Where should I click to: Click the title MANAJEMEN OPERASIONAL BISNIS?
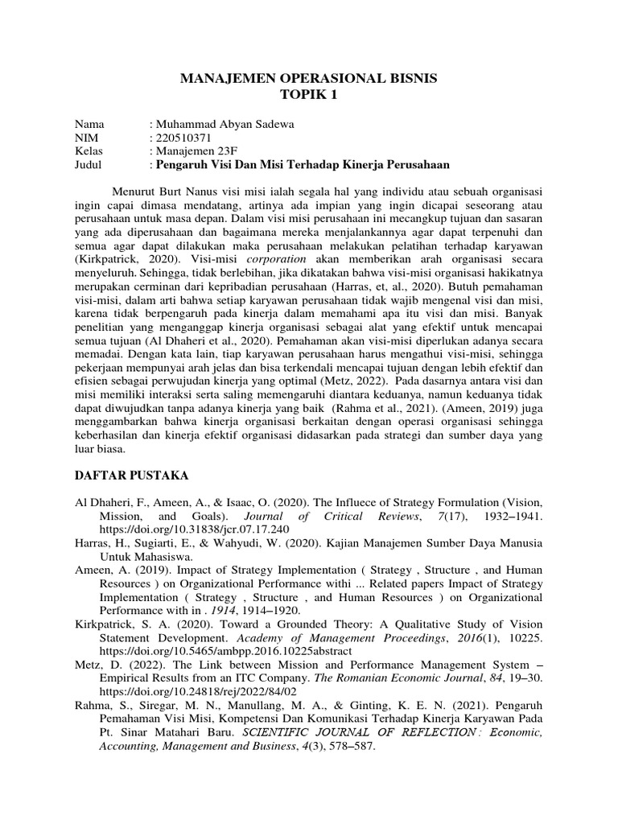coord(309,79)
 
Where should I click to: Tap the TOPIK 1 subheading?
coord(309,95)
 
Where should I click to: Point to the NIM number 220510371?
coord(184,137)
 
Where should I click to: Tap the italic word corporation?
coord(276,260)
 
